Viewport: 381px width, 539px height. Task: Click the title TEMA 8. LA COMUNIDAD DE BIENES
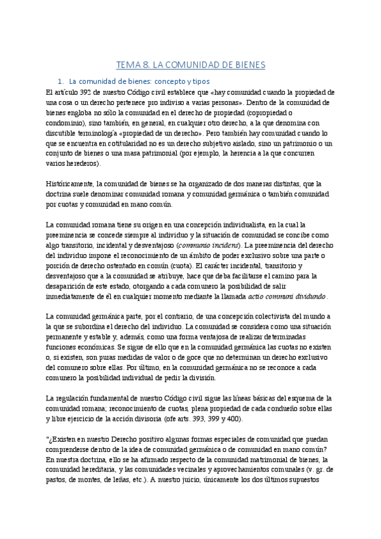(190, 65)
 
